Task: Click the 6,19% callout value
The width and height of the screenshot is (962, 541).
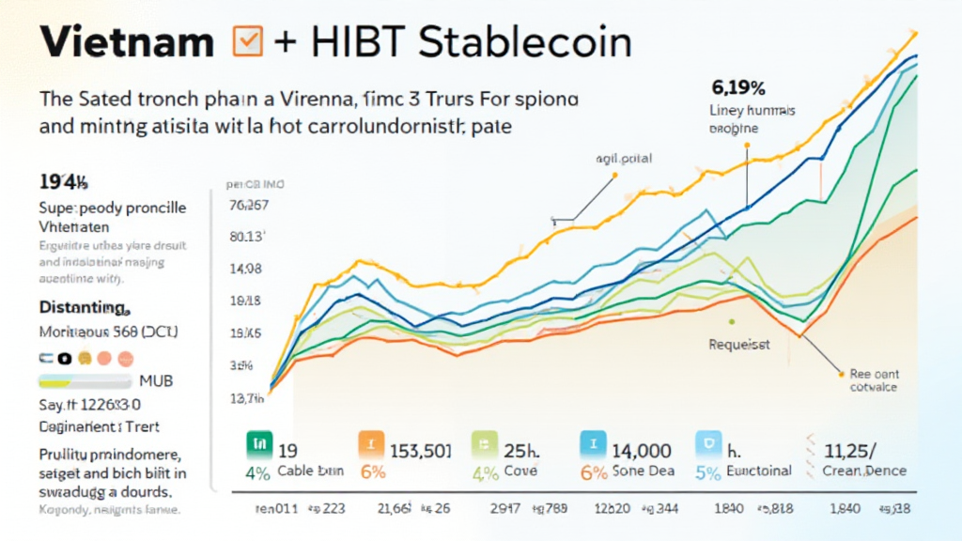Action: pos(738,89)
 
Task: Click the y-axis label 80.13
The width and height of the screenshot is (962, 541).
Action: pos(248,237)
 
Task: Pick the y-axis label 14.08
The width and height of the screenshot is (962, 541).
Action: pos(248,269)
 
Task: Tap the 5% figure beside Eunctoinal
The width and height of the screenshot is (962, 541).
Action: pos(708,472)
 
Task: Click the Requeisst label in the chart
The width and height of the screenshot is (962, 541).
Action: pos(738,345)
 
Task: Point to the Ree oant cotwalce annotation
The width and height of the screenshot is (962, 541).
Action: pos(873,380)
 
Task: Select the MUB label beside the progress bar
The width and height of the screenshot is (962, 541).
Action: pos(155,381)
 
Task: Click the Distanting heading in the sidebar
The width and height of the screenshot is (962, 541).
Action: pos(83,308)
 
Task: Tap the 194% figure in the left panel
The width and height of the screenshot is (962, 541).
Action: pos(64,181)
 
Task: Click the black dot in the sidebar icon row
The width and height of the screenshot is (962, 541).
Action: pos(64,358)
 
